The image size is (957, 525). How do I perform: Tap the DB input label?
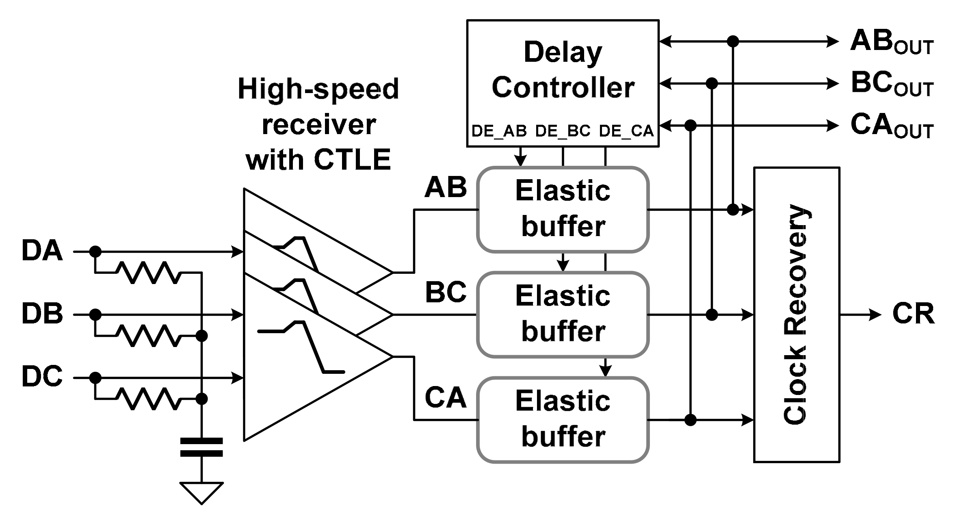point(42,314)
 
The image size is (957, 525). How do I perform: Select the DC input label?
point(42,377)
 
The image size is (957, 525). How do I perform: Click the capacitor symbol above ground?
point(201,447)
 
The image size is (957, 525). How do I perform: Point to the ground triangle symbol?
point(201,491)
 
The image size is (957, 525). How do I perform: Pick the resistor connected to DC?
point(148,398)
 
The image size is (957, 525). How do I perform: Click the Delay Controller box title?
point(563,70)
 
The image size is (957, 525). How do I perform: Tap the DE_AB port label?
point(499,131)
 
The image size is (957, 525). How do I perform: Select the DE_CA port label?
point(626,131)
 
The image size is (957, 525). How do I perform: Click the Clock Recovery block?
point(797,315)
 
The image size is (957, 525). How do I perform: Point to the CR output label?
point(913,314)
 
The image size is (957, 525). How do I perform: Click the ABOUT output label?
point(892,42)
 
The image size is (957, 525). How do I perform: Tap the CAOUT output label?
point(892,126)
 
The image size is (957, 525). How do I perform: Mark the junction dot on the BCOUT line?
point(712,84)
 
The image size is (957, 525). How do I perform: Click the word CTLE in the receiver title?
point(352,160)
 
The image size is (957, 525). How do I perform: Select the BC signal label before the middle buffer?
point(446,292)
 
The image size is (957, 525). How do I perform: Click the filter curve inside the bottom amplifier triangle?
point(303,345)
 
